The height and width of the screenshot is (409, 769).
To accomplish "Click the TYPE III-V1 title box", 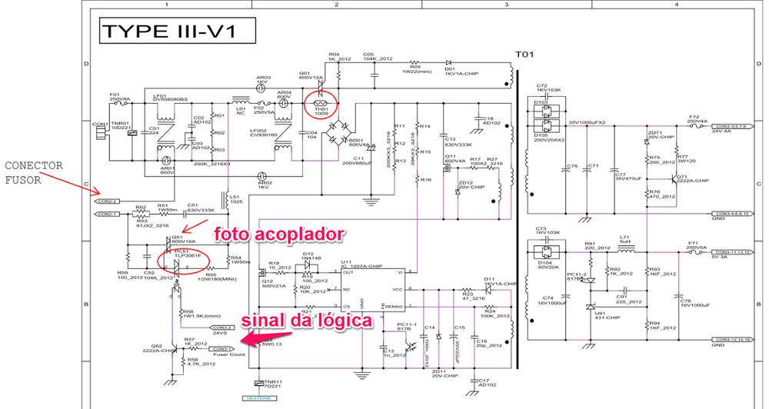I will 168,32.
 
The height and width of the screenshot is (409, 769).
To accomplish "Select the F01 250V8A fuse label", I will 120,95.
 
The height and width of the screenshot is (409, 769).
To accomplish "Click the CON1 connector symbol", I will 98,133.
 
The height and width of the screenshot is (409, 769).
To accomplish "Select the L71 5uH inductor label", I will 624,239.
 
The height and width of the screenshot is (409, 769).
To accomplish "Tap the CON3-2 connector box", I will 221,327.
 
